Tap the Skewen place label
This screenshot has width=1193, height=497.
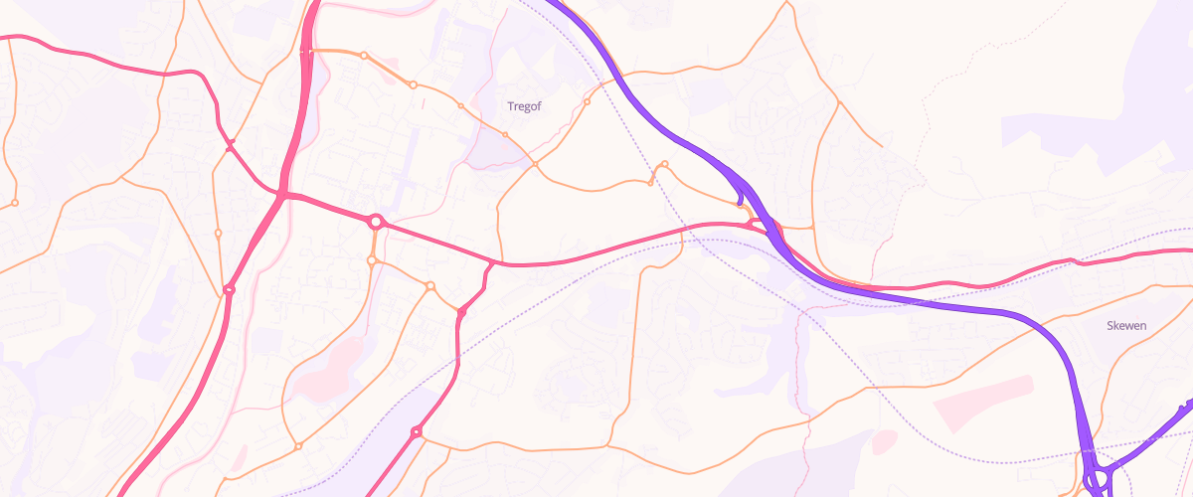coord(1127,325)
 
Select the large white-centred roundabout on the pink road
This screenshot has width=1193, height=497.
coord(376,222)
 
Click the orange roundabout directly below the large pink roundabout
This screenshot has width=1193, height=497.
coord(372,261)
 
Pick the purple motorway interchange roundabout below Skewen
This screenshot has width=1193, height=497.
coord(1098,479)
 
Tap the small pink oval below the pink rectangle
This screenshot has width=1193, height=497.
coord(883,441)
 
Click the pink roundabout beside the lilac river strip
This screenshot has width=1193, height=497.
coord(416,431)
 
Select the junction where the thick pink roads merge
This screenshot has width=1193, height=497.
coord(283,195)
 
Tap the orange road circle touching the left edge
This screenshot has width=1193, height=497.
coord(14,203)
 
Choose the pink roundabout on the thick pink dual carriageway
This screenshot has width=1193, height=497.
coord(229,289)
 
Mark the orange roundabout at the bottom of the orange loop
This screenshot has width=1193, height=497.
coord(298,444)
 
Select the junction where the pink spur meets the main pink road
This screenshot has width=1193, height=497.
coord(493,263)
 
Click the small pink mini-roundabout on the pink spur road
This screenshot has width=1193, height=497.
coord(462,313)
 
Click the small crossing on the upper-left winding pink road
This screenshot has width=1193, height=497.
coord(230,147)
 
